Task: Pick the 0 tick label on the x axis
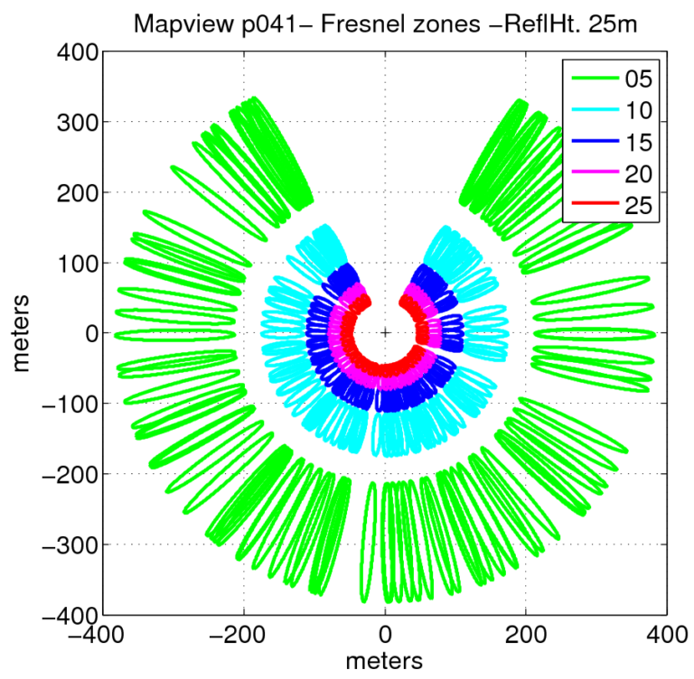(386, 635)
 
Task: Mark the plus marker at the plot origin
(386, 333)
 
